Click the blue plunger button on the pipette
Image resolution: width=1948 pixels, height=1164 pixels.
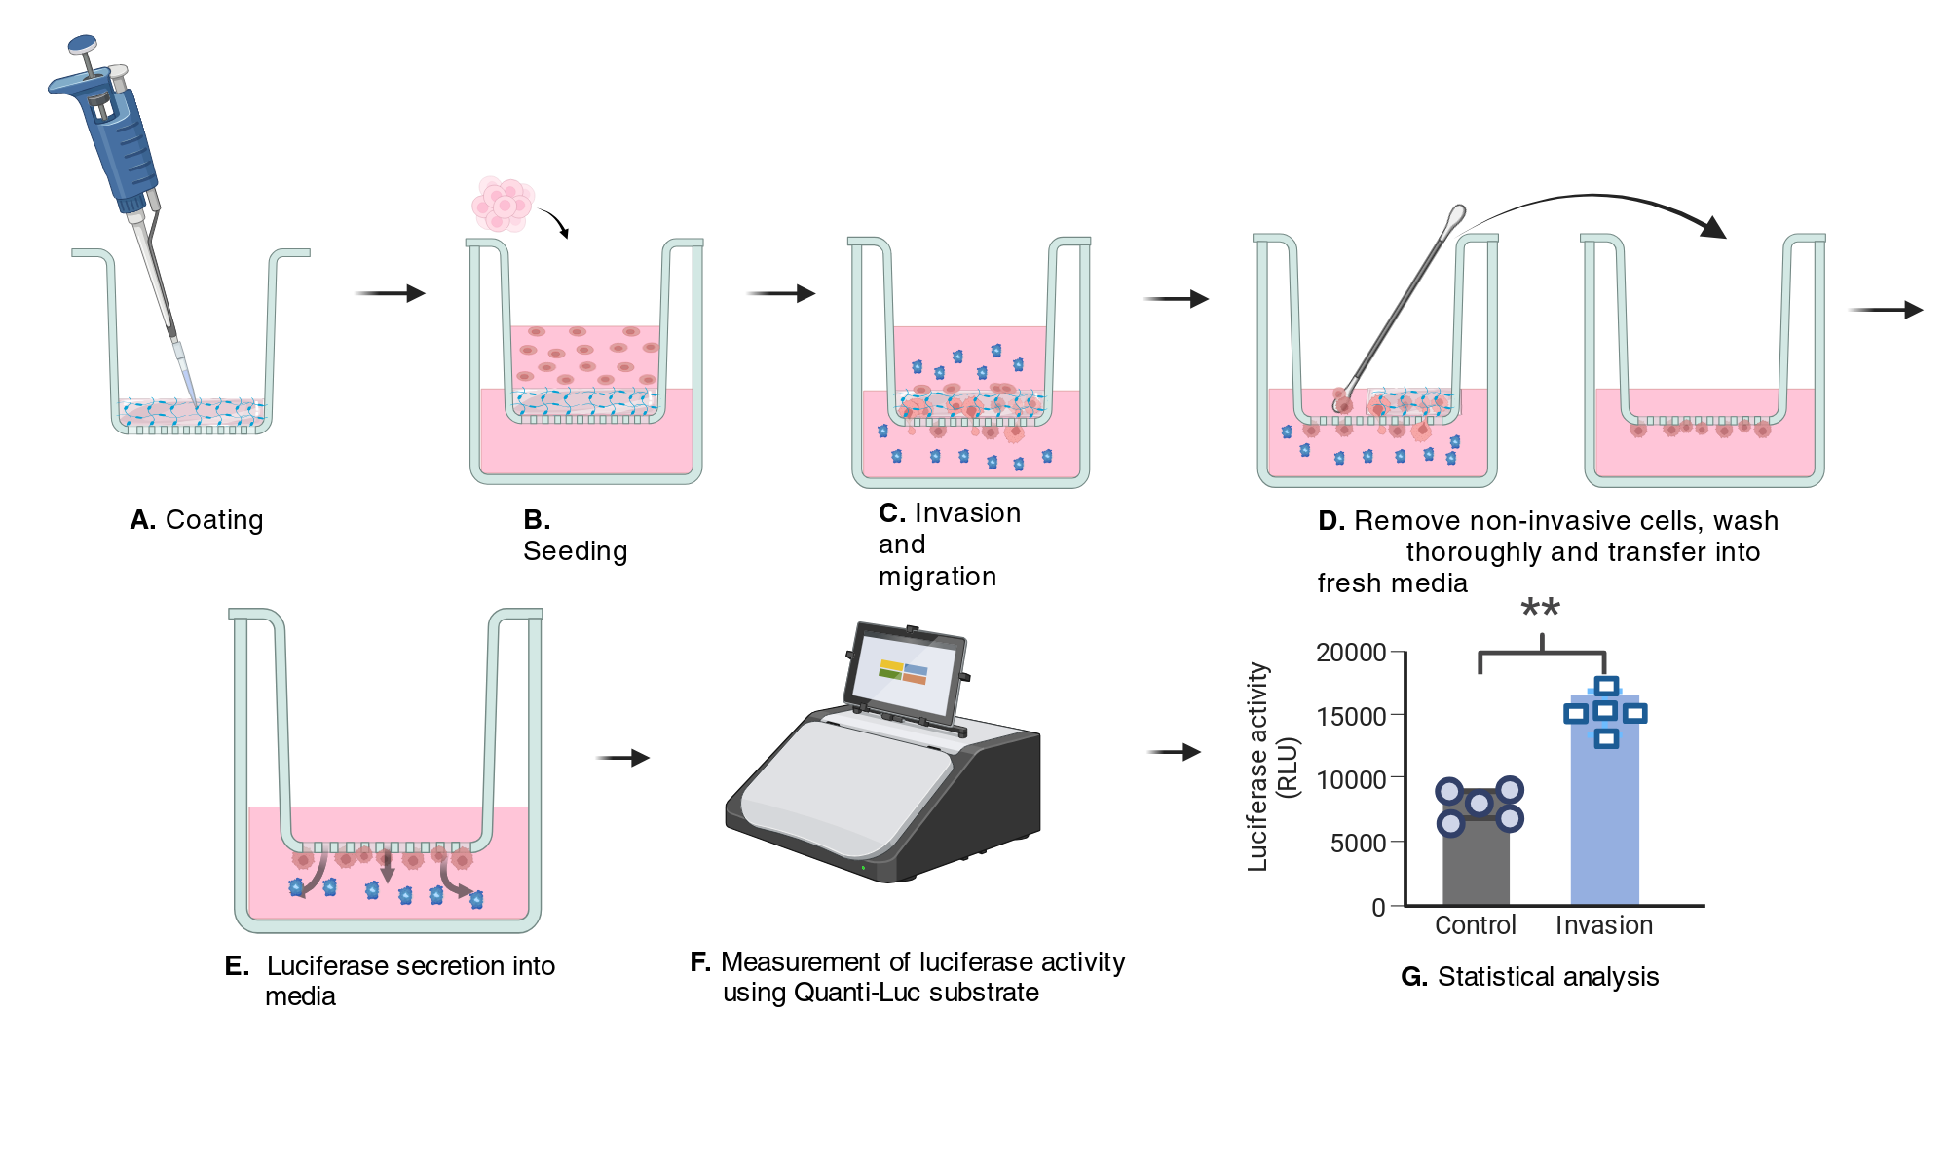point(82,44)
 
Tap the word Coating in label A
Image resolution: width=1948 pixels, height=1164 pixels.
point(214,520)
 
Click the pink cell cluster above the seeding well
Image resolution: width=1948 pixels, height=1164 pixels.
point(503,205)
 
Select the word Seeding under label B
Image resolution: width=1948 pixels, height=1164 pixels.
point(575,551)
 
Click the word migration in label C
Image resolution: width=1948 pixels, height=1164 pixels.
point(937,577)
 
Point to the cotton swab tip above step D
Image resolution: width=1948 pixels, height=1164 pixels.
point(1455,216)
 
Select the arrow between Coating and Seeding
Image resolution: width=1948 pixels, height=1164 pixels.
point(390,293)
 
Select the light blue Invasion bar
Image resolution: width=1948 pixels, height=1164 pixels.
point(1604,801)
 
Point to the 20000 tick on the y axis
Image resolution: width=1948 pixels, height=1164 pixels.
point(1399,651)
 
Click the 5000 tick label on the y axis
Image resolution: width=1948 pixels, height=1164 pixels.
point(1358,843)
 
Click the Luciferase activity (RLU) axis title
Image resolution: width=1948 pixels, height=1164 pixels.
point(1272,768)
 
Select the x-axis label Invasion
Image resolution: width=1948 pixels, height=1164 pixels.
point(1604,925)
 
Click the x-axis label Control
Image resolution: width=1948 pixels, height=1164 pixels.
point(1476,925)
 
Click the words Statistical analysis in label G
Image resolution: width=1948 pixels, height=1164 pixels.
point(1548,977)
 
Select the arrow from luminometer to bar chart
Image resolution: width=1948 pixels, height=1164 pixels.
point(1174,752)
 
